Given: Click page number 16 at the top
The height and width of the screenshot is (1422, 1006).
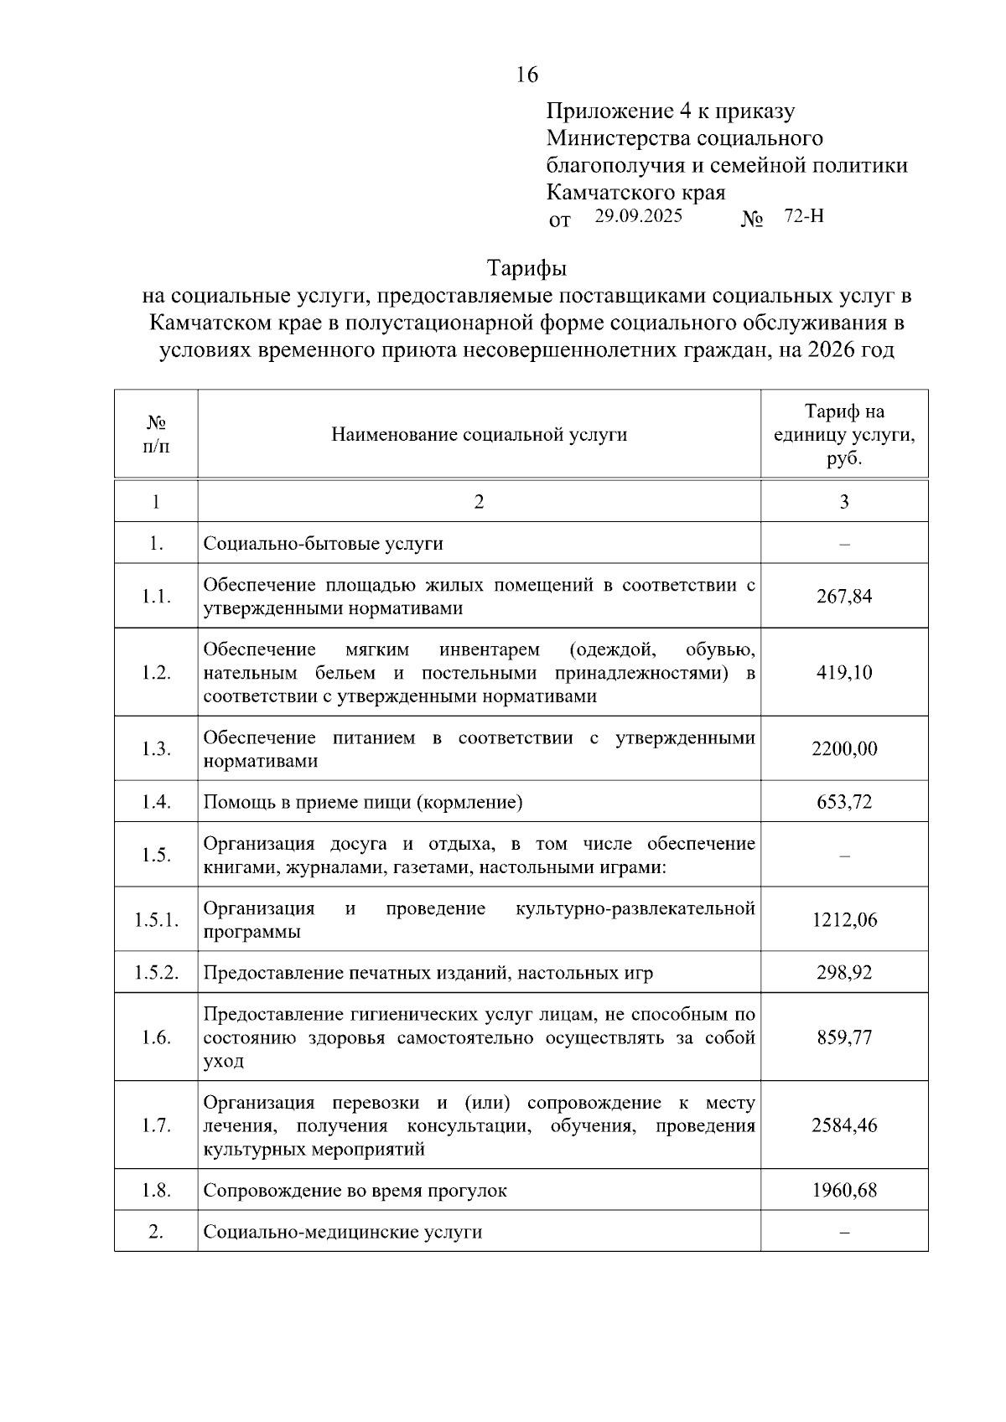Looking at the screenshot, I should click(526, 75).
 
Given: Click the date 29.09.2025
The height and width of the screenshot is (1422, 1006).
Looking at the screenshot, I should click(639, 216).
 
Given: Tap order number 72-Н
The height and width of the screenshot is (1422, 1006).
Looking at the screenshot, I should click(804, 216).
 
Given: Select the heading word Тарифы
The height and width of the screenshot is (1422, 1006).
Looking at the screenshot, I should click(526, 269).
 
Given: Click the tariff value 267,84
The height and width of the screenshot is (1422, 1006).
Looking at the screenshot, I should click(844, 597).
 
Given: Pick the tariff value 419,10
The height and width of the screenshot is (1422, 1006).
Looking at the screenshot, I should click(844, 673).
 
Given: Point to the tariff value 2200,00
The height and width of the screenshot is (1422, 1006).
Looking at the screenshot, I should click(844, 749).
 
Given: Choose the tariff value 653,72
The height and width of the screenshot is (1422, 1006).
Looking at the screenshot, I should click(844, 803).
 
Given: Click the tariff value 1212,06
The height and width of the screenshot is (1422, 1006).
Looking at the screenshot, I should click(844, 920).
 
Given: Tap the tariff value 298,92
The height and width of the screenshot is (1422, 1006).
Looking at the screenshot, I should click(844, 973).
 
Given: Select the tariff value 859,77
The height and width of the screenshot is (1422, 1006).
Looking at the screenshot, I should click(844, 1038).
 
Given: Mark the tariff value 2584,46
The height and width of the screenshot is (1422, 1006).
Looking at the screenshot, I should click(844, 1126).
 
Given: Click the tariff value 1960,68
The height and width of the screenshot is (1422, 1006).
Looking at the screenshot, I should click(844, 1191).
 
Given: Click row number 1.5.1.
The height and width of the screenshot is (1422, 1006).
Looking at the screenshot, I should click(157, 920).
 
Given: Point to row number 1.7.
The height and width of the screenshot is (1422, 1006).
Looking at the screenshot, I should click(157, 1126).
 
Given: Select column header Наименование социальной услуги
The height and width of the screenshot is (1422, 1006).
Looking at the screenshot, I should click(479, 435).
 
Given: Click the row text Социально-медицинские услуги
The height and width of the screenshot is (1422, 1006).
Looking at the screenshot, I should click(343, 1233).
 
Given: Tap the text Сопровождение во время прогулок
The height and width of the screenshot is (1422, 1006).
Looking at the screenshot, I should click(355, 1191).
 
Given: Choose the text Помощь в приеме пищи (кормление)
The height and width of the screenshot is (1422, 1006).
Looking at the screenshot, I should click(363, 803).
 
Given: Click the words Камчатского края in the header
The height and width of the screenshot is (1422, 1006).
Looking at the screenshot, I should click(635, 193).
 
